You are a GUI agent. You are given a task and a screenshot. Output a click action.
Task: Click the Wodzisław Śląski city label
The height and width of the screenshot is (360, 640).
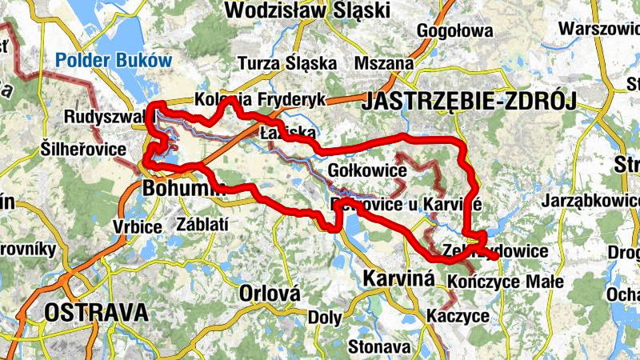click(x=307, y=10)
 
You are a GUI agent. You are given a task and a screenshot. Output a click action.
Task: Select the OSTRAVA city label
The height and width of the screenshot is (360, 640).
click(x=97, y=312)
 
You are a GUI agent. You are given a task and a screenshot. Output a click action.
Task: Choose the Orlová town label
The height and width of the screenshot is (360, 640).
click(x=270, y=294)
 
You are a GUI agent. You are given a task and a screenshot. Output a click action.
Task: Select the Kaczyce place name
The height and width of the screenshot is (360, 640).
click(x=458, y=316)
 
